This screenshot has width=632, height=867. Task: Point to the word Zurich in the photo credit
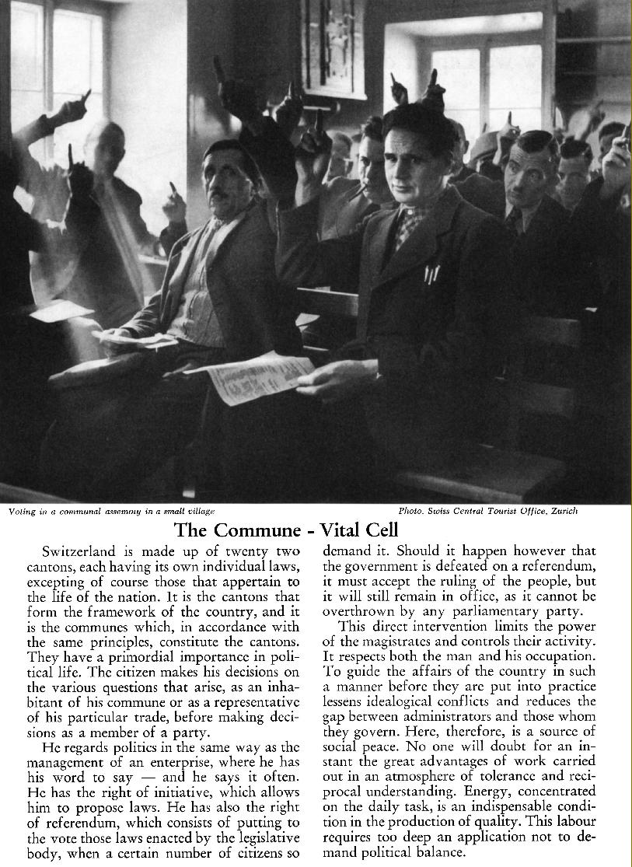coord(561,511)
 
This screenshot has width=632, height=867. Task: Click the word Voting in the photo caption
coord(22,511)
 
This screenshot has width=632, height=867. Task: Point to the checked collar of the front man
coord(410,222)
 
